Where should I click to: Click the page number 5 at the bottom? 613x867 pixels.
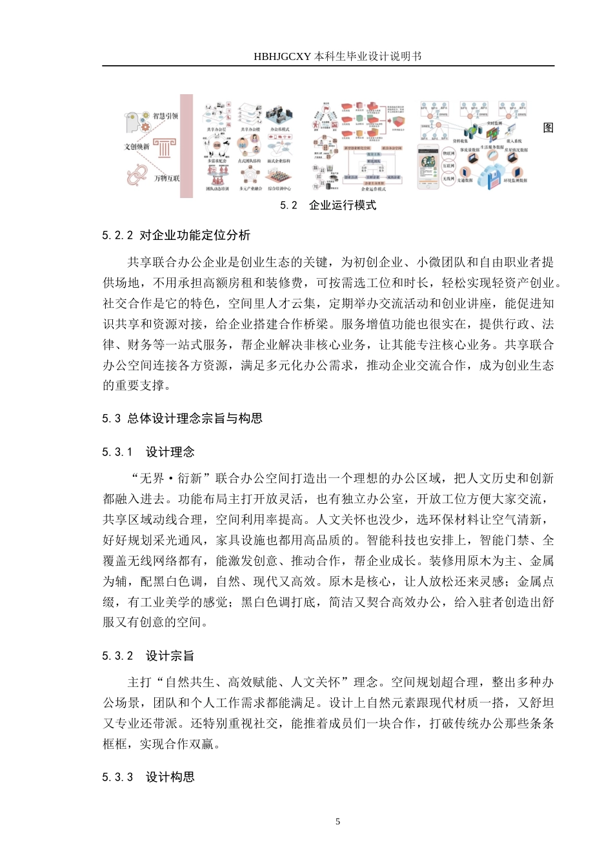(337, 821)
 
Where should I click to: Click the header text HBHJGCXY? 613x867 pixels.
(283, 56)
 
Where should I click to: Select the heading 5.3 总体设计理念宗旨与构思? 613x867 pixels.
(182, 418)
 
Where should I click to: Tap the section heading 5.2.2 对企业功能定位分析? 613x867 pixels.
(176, 235)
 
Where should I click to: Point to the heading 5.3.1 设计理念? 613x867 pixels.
(148, 452)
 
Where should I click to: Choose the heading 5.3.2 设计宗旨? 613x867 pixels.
(148, 655)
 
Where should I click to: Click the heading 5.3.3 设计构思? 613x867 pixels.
(148, 777)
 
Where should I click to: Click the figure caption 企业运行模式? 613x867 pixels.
(343, 205)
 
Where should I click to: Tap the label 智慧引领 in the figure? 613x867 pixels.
(165, 116)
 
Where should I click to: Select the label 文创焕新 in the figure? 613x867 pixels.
(137, 146)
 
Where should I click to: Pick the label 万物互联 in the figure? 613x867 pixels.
(166, 178)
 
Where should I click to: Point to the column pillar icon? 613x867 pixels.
(165, 148)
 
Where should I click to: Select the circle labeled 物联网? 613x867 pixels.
(448, 154)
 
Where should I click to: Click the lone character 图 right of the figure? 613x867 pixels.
(548, 128)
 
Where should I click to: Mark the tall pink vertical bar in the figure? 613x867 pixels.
(186, 146)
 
